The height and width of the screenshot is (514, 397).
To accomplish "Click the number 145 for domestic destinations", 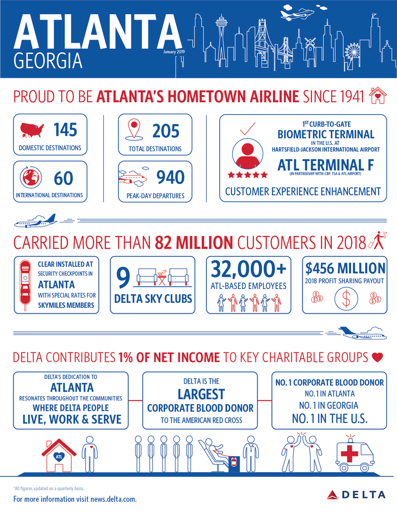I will click(65, 129).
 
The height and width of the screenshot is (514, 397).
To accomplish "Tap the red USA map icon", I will click(32, 129).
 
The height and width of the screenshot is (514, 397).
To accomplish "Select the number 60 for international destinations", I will click(63, 178).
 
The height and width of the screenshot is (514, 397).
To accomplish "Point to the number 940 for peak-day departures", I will click(170, 177).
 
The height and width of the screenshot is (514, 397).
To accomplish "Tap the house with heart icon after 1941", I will click(376, 96).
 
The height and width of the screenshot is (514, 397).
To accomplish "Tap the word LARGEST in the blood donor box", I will click(200, 394).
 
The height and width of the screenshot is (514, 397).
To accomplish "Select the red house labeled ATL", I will click(58, 455).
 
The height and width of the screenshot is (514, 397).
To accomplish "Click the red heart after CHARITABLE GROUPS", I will click(377, 357).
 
